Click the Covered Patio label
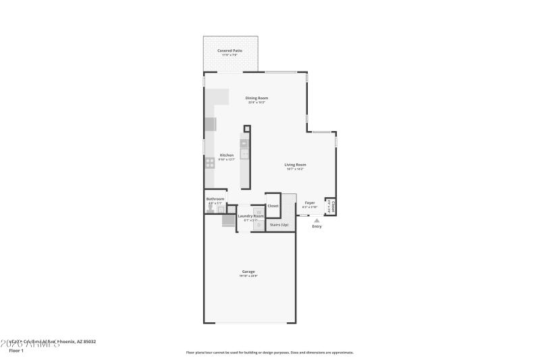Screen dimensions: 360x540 coord(230,51)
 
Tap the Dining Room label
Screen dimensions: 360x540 coord(256,98)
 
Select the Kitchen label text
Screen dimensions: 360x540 coord(227,155)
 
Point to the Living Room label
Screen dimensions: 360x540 coord(295,165)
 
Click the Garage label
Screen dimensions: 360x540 coord(249,272)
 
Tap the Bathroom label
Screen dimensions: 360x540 coord(215,199)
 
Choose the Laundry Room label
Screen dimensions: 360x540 coord(250,216)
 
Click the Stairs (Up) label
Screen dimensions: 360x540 coord(279,224)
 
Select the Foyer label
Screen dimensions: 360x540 coord(310,203)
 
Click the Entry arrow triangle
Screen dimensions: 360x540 coord(317,220)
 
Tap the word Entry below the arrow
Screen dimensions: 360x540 coord(317,226)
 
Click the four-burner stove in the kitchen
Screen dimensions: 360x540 coord(210,162)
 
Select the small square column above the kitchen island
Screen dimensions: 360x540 coord(247,128)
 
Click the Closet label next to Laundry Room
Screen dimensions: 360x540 coord(273,206)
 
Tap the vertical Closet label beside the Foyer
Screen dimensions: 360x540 coord(330,205)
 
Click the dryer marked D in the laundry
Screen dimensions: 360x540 coord(257,225)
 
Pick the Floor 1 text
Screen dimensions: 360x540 coord(16,351)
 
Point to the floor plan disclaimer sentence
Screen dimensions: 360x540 coord(269,352)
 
